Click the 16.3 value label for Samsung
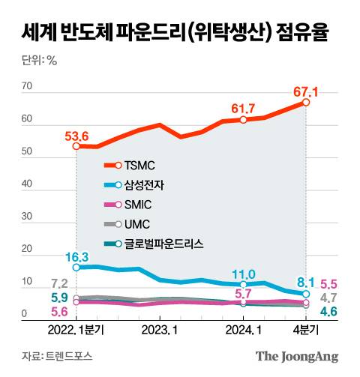coord(76,256)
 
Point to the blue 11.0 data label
coord(244,274)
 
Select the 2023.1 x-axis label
coord(160,330)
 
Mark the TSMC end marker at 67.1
coord(306,103)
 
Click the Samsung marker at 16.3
coord(76,267)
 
